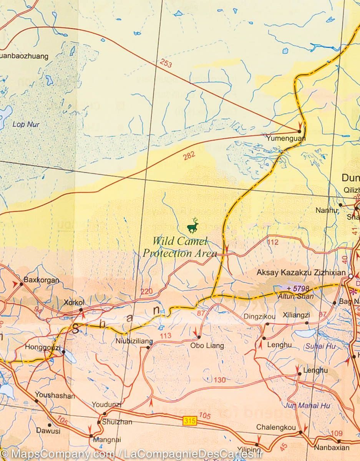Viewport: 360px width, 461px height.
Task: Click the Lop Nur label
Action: click(26, 124)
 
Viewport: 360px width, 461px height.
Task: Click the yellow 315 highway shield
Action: click(190, 421)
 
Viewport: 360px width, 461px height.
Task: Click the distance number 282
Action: click(189, 155)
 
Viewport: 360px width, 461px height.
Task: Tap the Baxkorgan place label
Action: click(41, 280)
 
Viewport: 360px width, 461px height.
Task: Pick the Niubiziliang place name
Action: click(134, 341)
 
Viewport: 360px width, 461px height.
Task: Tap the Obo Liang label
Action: click(207, 346)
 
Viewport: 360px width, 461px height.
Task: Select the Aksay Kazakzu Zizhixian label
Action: click(301, 273)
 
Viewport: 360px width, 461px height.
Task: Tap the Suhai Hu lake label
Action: click(320, 346)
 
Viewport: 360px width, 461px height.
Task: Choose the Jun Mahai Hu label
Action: click(307, 406)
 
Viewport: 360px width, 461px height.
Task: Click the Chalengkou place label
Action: click(276, 427)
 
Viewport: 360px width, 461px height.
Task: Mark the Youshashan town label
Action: click(55, 395)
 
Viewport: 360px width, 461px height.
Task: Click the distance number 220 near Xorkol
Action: click(146, 292)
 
